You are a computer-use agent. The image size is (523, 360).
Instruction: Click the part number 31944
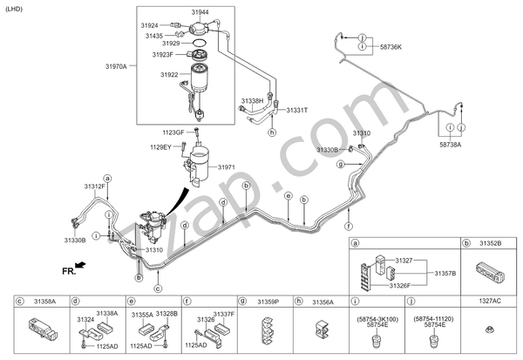[200, 12]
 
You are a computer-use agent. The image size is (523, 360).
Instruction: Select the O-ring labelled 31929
[199, 43]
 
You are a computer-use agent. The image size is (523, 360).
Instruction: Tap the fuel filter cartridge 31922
[200, 78]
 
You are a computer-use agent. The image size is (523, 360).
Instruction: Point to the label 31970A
[116, 66]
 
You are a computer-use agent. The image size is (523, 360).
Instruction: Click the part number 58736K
[391, 47]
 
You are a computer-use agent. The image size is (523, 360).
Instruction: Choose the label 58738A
[451, 145]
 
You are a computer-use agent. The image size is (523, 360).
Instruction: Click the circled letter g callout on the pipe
[340, 164]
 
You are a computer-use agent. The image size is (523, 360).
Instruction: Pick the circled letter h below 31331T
[272, 132]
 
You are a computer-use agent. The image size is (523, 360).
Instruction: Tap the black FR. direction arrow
[80, 265]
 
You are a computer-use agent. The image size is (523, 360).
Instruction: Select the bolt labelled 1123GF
[196, 132]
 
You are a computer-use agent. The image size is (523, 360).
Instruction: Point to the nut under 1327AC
[489, 329]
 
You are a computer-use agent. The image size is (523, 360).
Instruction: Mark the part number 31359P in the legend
[268, 302]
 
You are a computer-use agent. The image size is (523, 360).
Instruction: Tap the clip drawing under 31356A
[323, 329]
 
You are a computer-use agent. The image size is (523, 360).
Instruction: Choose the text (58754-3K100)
[377, 319]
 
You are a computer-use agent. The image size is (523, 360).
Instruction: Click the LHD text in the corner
[14, 9]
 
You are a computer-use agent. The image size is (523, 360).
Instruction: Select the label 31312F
[94, 187]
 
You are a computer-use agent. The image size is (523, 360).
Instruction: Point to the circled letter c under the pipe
[158, 289]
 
